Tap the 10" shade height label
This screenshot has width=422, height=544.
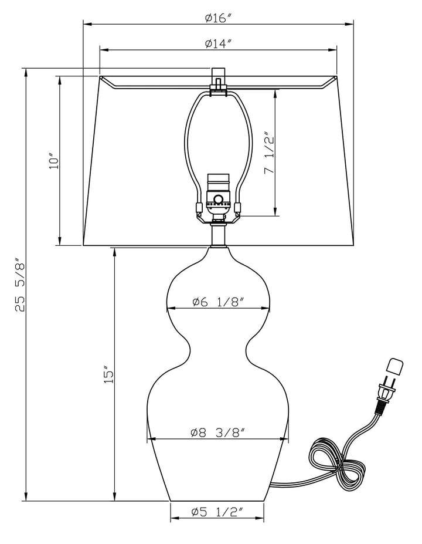tap(55, 161)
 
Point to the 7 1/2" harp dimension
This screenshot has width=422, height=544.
tap(270, 152)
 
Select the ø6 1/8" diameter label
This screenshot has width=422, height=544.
tap(219, 302)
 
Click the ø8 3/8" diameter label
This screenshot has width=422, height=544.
tap(217, 433)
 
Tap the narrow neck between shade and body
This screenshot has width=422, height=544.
tap(218, 235)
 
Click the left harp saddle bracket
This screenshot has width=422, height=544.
tap(199, 208)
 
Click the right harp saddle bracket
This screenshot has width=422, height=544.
tap(238, 208)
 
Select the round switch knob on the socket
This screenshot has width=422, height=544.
tap(219, 199)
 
